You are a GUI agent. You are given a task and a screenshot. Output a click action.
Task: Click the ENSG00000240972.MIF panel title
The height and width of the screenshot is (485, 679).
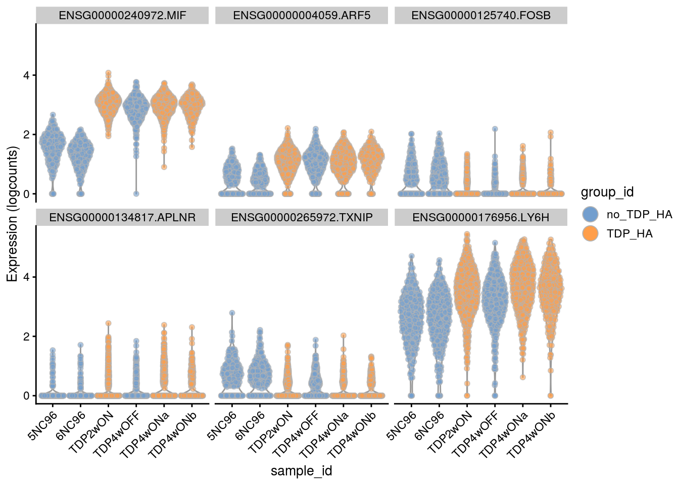point(122,15)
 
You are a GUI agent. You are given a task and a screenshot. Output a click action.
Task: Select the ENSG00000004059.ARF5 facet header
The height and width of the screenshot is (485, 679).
point(302,15)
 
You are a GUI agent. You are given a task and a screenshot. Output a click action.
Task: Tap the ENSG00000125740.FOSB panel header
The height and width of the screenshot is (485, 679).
point(481,15)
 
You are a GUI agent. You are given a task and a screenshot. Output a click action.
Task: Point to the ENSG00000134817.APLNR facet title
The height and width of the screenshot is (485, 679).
point(122,217)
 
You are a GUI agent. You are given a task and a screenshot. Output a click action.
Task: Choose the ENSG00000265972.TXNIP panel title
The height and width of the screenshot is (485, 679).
point(302,217)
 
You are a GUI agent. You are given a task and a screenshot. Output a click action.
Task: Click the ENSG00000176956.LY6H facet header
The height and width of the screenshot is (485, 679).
point(481,217)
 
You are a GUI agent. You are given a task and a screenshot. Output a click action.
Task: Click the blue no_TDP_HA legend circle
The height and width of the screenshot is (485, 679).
point(590,214)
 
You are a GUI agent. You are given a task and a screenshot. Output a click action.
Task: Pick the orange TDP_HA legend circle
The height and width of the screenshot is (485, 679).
point(590,233)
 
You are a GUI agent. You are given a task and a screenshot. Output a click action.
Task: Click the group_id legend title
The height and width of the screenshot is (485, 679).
point(607,192)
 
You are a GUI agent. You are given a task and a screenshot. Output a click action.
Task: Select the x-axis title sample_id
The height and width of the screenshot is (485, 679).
point(302,471)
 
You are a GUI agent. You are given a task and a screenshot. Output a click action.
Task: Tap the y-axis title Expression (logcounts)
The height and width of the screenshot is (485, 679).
point(12,214)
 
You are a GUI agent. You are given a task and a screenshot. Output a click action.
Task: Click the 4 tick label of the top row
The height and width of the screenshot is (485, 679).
point(27,75)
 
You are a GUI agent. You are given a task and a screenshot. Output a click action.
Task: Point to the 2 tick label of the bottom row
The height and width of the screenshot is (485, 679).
point(27,336)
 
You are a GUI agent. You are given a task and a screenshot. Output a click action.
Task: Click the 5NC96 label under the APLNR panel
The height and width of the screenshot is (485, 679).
point(42,426)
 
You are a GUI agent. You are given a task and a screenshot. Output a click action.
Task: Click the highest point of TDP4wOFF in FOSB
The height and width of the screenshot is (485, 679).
point(495,129)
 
